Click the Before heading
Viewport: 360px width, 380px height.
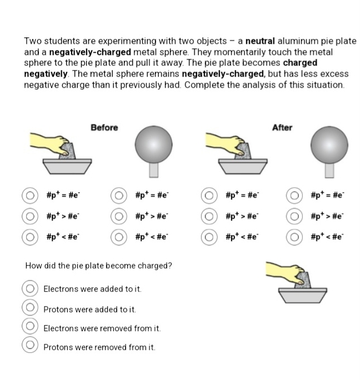pos(104,128)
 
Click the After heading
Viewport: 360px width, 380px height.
pos(282,128)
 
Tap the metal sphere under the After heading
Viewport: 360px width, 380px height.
pos(329,143)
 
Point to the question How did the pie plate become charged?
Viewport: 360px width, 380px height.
pos(99,265)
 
